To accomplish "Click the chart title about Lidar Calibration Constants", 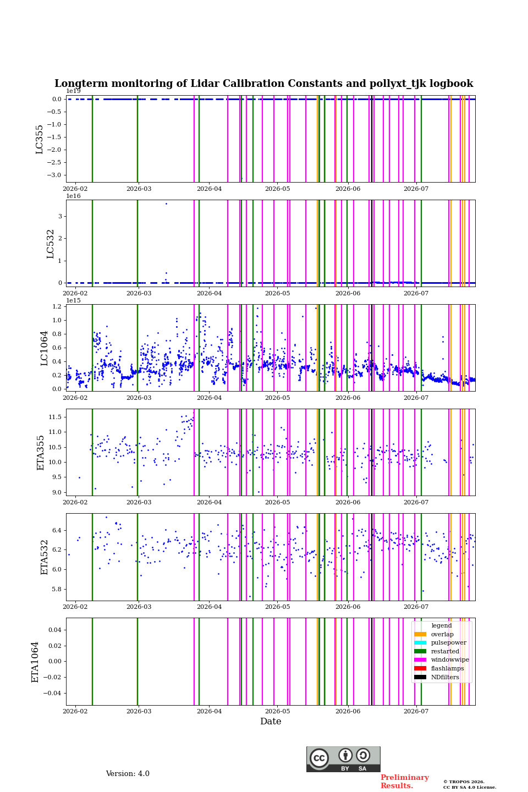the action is coord(263,84).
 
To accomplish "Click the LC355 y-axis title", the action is coord(39,139).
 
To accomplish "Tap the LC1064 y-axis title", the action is coord(44,348).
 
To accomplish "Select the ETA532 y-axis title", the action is coord(44,557).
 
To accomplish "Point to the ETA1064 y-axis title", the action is coord(35,662).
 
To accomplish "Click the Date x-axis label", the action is coord(271,721).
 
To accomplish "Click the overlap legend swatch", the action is coord(420,634).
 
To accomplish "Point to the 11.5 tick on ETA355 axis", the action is coord(55,417).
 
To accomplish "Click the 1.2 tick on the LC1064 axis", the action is coord(57,306).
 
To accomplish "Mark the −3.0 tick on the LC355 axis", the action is coord(54,175).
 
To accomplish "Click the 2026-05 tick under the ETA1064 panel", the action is coord(278,711).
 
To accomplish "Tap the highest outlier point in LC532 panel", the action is coord(166,204).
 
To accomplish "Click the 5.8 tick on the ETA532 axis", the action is coord(57,589).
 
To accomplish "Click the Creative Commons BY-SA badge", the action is coord(343,759).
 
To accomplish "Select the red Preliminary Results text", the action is coord(405,782).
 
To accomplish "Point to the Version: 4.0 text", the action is coord(128,774).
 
